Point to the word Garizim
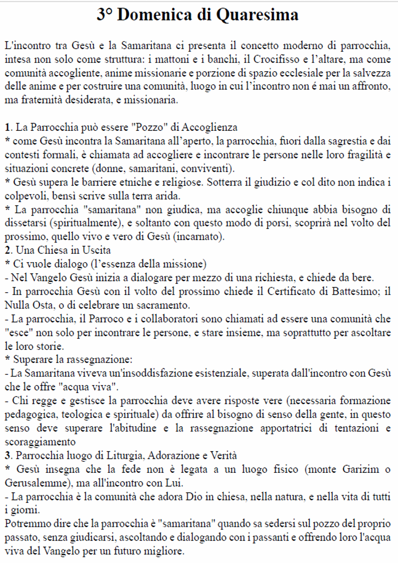click(360, 470)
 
